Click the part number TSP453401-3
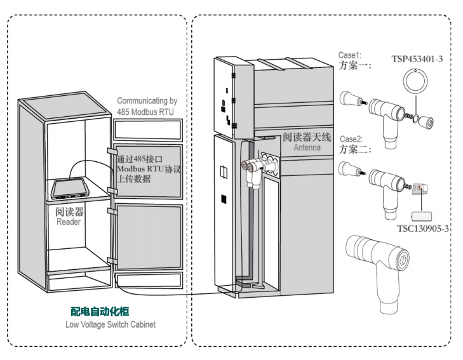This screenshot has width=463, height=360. click(417, 59)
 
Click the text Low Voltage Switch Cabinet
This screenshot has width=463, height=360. click(110, 324)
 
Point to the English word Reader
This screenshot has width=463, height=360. click(69, 222)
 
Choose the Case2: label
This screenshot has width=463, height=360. click(351, 139)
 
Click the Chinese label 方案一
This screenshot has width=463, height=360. click(354, 65)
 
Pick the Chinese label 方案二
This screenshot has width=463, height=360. click(354, 149)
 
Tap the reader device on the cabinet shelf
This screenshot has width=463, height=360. click(70, 187)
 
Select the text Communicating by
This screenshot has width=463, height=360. click(147, 101)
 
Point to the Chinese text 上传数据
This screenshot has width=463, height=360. click(135, 179)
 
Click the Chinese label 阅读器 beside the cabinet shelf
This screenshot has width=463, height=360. click(69, 211)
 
